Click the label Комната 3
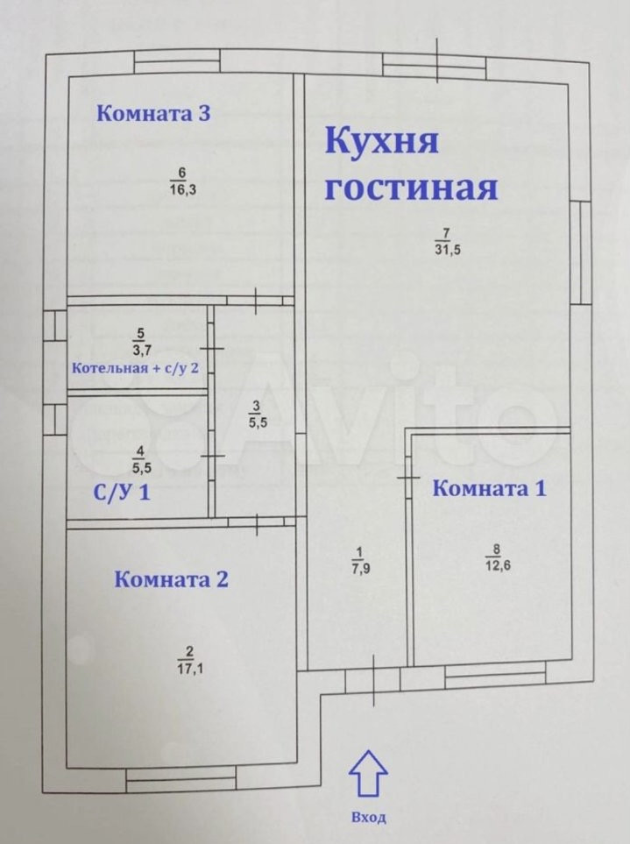153,113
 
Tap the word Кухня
381,141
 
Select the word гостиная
410,188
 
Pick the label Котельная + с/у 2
136,367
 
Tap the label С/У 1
122,493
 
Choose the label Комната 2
172,579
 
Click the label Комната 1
489,489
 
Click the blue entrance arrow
368,774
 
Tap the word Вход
368,817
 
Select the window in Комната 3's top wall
176,61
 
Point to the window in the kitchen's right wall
578,252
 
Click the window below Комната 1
494,675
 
